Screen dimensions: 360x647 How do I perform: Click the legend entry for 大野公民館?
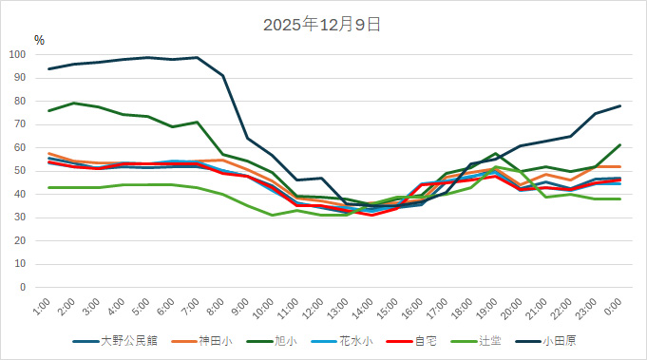(124, 340)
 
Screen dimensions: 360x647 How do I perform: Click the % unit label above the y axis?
(39, 40)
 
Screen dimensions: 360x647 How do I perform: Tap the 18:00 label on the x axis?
(463, 307)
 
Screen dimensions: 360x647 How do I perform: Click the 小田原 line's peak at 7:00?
(197, 57)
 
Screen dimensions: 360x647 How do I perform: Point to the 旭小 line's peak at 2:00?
(74, 103)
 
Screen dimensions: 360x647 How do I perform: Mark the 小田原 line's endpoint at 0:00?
(620, 105)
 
